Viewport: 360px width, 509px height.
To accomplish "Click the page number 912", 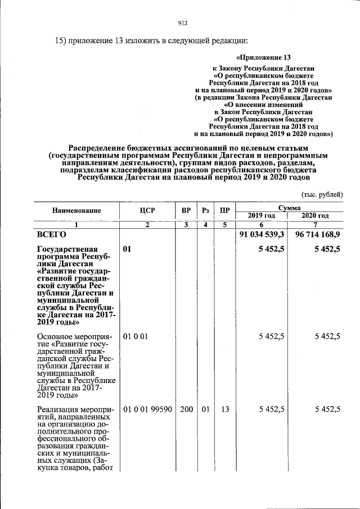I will pyautogui.click(x=182, y=23).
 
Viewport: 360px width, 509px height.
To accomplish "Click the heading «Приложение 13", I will pyautogui.click(x=264, y=58).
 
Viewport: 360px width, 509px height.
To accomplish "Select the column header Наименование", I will pyautogui.click(x=76, y=211).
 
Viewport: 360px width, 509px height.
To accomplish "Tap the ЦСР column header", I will pyautogui.click(x=147, y=211).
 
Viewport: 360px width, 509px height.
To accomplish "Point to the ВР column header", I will pyautogui.click(x=186, y=211).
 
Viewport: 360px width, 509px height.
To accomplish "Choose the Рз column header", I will pyautogui.click(x=206, y=211).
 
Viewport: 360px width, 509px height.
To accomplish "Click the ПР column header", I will pyautogui.click(x=225, y=211).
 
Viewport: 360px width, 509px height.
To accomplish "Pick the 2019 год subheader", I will pyautogui.click(x=262, y=215).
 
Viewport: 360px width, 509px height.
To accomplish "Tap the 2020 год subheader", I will pyautogui.click(x=315, y=215).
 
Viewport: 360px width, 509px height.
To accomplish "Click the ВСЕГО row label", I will pyautogui.click(x=52, y=234).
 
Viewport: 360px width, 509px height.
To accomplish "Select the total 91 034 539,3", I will pyautogui.click(x=262, y=234).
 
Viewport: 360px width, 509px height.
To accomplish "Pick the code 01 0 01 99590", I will pyautogui.click(x=147, y=409).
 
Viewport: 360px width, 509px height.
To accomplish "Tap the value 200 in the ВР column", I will pyautogui.click(x=186, y=409).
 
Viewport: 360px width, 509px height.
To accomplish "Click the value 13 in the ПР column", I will pyautogui.click(x=225, y=409).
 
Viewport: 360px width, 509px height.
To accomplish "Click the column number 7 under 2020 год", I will pyautogui.click(x=315, y=225).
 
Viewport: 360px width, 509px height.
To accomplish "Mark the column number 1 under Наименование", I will pyautogui.click(x=76, y=225).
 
